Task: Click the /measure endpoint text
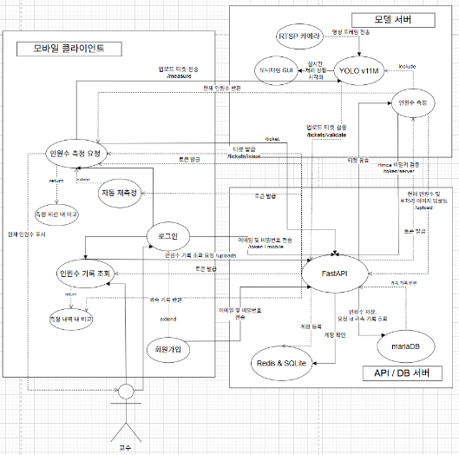point(179,76)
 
